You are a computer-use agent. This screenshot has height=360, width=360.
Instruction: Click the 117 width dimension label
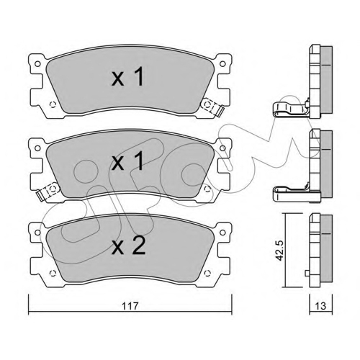pyautogui.click(x=130, y=306)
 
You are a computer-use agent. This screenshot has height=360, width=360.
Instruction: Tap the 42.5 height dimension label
pyautogui.click(x=279, y=251)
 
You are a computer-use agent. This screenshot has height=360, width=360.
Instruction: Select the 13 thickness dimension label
pyautogui.click(x=321, y=306)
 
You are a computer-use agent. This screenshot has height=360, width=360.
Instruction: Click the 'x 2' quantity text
pyautogui.click(x=129, y=246)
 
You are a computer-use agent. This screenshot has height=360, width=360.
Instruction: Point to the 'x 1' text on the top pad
pyautogui.click(x=128, y=76)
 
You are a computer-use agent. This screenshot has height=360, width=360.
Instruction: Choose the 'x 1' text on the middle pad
pyautogui.click(x=128, y=161)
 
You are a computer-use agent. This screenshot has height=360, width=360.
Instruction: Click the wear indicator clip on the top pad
pyautogui.click(x=212, y=107)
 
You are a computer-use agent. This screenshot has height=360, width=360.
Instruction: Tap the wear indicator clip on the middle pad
pyautogui.click(x=48, y=191)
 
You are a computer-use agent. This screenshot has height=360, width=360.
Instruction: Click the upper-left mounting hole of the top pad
pyautogui.click(x=37, y=64)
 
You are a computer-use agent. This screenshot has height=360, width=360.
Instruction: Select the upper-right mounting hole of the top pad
pyautogui.click(x=222, y=64)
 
